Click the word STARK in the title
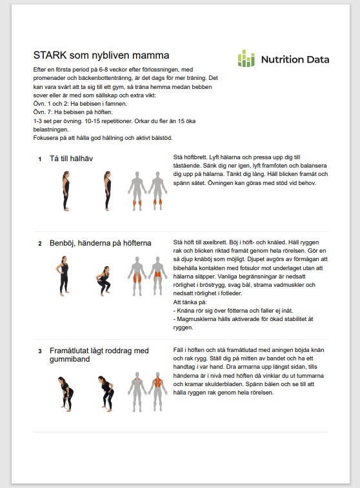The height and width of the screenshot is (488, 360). coord(50,55)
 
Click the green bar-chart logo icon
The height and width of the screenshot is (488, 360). coord(246,59)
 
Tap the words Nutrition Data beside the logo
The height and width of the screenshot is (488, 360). coord(295,59)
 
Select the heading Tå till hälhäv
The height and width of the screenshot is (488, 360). coord(71,159)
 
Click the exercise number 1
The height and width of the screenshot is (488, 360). coord(40,159)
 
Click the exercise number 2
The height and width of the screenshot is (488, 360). coord(40,244)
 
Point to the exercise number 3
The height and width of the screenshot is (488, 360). coord(40,351)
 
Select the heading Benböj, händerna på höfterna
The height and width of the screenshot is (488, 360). coord(100,243)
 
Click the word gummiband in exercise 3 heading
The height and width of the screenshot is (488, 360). coord(70,359)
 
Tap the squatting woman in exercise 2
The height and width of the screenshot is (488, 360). coord(103,280)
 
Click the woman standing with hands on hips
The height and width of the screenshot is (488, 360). coord(63,276)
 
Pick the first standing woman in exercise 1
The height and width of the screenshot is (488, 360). coord(66,191)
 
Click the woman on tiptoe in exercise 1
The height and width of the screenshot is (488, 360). coord(107,191)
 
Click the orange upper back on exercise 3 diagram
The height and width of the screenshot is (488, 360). coord(157,382)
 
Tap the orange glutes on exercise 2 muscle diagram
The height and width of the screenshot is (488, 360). coord(157,274)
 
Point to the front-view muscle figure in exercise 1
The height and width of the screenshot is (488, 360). coord(137,191)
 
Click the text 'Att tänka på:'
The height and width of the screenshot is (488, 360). coord(190,302)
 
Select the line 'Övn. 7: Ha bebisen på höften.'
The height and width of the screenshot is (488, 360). coord(73,112)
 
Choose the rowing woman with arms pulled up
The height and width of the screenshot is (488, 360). coord(106,394)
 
